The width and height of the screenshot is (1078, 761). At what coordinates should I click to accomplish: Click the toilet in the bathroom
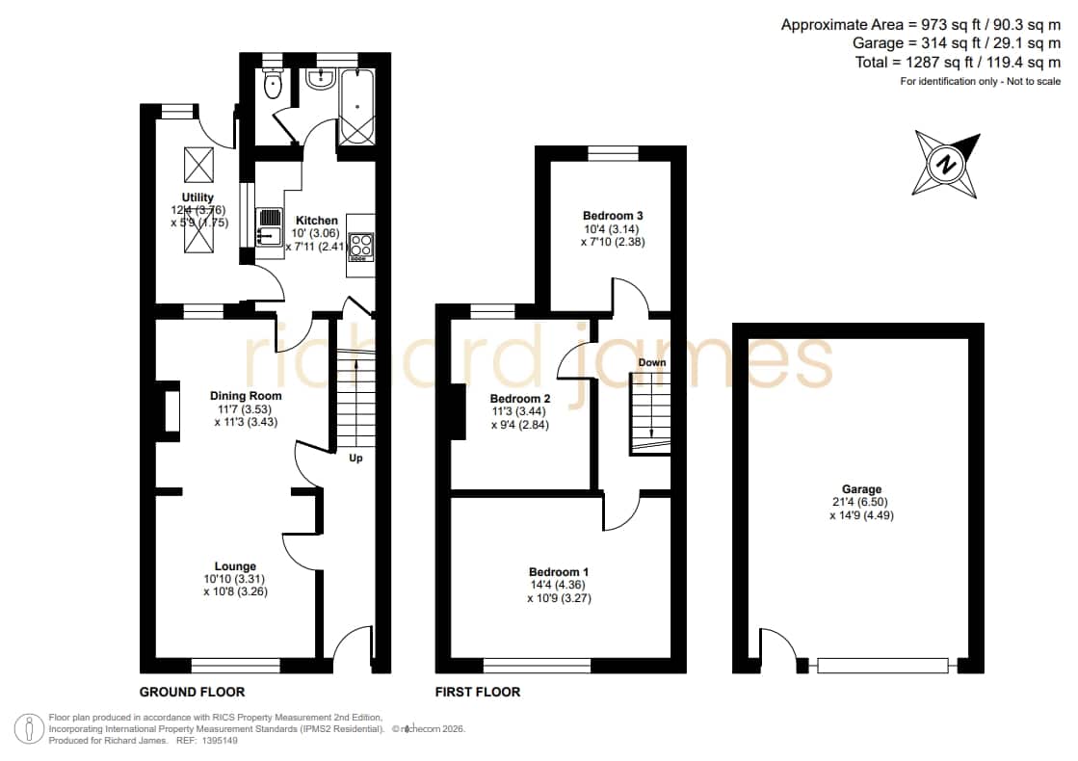tap(273, 83)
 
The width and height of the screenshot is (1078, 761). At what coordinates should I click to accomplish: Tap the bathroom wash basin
tap(320, 79)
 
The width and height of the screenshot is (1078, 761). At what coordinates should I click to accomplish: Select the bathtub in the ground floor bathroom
tap(356, 107)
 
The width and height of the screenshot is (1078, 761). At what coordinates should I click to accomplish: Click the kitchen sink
tap(270, 227)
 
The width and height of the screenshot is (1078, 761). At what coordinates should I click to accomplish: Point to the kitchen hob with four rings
tap(361, 247)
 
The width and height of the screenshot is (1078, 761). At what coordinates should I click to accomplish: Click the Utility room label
tap(197, 197)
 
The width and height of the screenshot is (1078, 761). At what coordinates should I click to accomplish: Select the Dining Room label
tap(246, 395)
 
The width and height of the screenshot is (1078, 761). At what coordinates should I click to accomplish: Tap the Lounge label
tap(235, 566)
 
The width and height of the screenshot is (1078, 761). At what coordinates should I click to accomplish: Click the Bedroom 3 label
tap(613, 215)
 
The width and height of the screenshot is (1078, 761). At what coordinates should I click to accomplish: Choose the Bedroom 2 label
tap(520, 398)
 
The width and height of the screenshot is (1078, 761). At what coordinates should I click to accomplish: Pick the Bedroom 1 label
tap(558, 571)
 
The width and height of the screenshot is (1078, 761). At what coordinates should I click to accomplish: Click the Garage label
tap(861, 488)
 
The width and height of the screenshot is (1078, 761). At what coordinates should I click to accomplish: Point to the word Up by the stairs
tap(355, 458)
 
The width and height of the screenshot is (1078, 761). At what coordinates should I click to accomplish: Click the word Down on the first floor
tap(652, 362)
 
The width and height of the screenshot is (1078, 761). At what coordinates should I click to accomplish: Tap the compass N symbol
tap(946, 165)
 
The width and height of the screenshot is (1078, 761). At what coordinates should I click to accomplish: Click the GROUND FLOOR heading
tap(192, 692)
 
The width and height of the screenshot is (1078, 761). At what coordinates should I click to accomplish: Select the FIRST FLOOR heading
tap(478, 692)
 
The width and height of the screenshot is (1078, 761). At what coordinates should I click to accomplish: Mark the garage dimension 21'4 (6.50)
tap(861, 502)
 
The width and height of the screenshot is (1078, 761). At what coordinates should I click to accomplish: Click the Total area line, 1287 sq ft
tap(958, 62)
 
